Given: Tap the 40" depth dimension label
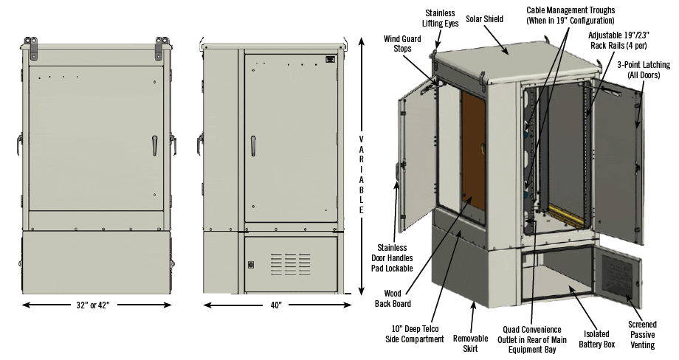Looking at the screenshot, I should [x=275, y=304].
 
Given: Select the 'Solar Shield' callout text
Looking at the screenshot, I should [x=484, y=18].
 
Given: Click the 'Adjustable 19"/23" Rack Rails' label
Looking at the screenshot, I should [x=618, y=40].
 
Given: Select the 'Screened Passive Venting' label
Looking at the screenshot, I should [x=641, y=334].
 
